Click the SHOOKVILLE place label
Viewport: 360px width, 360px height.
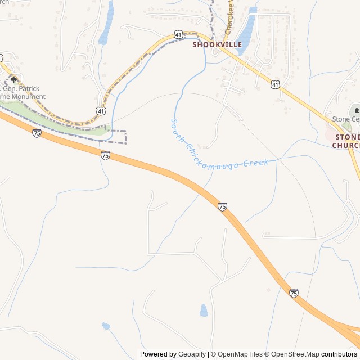[x=217, y=44]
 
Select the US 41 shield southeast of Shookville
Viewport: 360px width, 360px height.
[x=275, y=84]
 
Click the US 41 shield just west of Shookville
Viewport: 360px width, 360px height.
[x=178, y=35]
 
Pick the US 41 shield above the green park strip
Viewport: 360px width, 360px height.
[x=100, y=111]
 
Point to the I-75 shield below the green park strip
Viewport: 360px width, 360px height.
[x=37, y=133]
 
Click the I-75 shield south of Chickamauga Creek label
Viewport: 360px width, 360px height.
[x=222, y=207]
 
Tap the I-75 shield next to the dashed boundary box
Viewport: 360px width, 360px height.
[x=105, y=155]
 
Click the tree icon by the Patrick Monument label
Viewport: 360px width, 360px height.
[x=13, y=80]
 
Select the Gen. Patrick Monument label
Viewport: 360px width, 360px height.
[x=22, y=93]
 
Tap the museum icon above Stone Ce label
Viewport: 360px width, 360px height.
[x=355, y=110]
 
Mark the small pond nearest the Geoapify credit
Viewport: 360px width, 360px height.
[x=204, y=310]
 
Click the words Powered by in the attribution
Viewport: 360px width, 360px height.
[x=157, y=354]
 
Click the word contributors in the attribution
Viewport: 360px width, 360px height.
[x=339, y=354]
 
